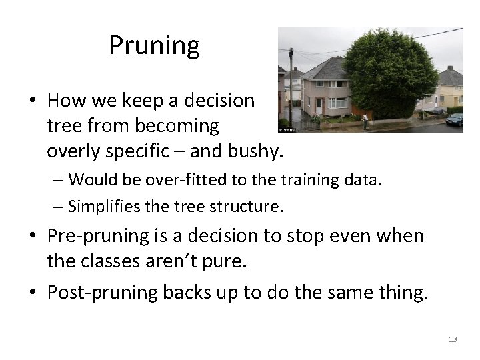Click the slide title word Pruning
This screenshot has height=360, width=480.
(155, 46)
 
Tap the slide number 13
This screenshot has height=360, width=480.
(453, 339)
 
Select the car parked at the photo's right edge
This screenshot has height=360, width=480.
(455, 119)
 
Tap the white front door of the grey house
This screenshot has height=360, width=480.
(319, 105)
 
